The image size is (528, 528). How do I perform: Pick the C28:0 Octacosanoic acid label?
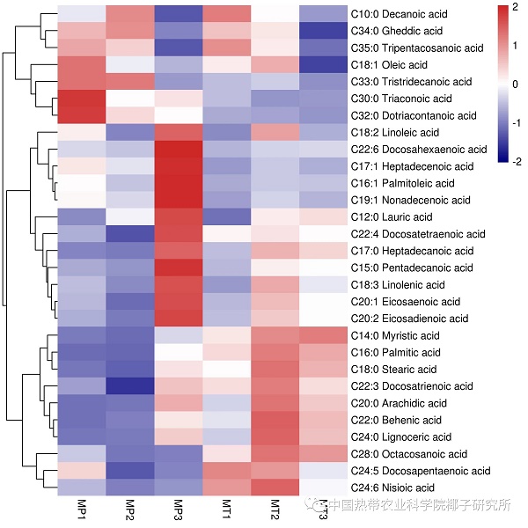[408, 454]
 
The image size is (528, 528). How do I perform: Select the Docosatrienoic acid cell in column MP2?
[129, 386]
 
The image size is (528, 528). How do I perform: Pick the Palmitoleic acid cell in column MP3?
[178, 183]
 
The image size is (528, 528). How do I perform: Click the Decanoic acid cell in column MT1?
[226, 14]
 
